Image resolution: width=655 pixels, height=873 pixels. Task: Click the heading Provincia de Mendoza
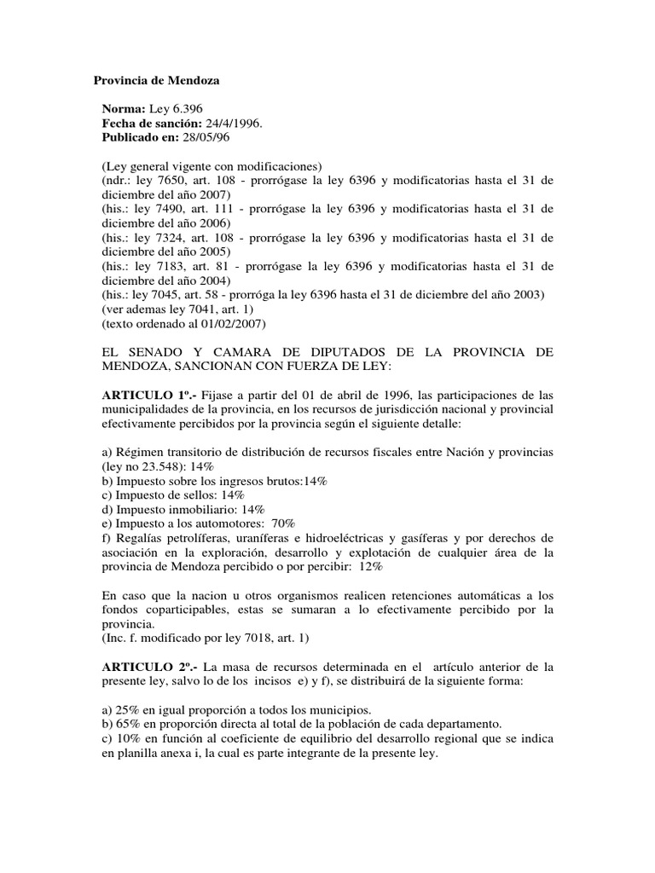coord(156,81)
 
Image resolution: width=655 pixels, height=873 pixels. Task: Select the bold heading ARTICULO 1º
coord(141,396)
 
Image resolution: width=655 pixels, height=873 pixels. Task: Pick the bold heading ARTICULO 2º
coord(141,666)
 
